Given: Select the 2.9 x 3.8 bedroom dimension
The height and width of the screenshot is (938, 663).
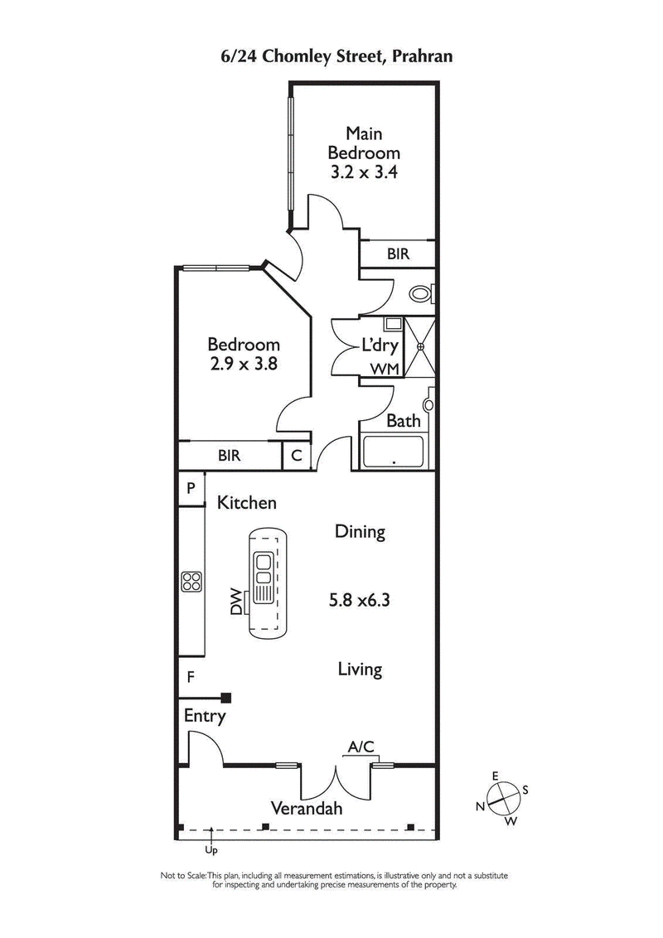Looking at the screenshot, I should [243, 365].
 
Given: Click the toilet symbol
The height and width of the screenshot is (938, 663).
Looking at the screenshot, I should [421, 293].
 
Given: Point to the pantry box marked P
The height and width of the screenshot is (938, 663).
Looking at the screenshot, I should [190, 488].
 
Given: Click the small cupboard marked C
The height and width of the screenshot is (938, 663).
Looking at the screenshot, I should [296, 455].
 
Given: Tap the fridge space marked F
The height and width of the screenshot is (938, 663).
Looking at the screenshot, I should [191, 677].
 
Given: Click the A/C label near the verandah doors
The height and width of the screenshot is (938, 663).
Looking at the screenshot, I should [361, 747].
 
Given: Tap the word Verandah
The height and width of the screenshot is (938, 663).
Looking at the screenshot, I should [307, 809].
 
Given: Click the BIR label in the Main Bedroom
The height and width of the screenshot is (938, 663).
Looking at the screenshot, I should [398, 254].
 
